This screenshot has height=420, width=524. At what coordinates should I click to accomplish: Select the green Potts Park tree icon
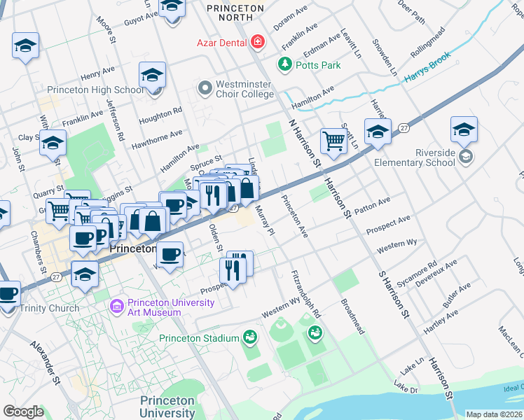point(285,65)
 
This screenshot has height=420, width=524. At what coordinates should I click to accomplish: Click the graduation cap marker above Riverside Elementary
point(464,129)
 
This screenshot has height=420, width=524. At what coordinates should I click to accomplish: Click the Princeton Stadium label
point(199,339)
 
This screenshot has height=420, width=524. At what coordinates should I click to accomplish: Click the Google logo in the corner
point(23,412)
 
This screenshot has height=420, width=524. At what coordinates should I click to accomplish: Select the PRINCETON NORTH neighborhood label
point(235,8)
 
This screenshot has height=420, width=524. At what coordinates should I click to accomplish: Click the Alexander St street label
point(46,363)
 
